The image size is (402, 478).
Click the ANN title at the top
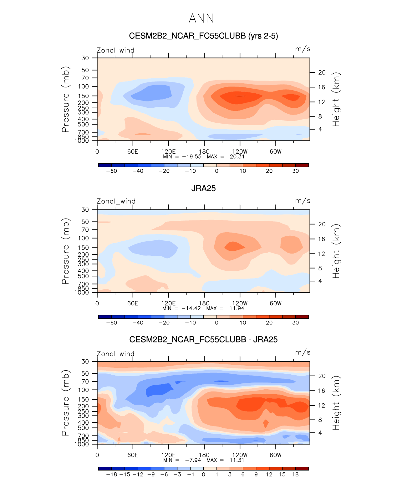(201, 18)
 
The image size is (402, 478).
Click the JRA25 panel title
(203, 188)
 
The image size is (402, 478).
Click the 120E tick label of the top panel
(168, 151)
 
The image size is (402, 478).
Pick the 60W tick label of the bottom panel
(275, 455)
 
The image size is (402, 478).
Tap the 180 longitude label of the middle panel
(204, 303)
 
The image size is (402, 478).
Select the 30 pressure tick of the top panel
(85, 58)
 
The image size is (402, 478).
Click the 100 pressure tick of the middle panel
(84, 238)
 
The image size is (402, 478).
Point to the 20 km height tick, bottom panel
(322, 376)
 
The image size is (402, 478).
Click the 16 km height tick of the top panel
(322, 87)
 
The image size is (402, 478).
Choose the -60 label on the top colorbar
(112, 171)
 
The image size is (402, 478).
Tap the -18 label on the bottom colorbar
(112, 474)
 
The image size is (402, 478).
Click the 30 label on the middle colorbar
(295, 323)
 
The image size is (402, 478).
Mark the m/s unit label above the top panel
(303, 49)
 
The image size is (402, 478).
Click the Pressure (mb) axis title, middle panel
(65, 251)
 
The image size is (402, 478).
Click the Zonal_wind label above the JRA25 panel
(116, 201)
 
